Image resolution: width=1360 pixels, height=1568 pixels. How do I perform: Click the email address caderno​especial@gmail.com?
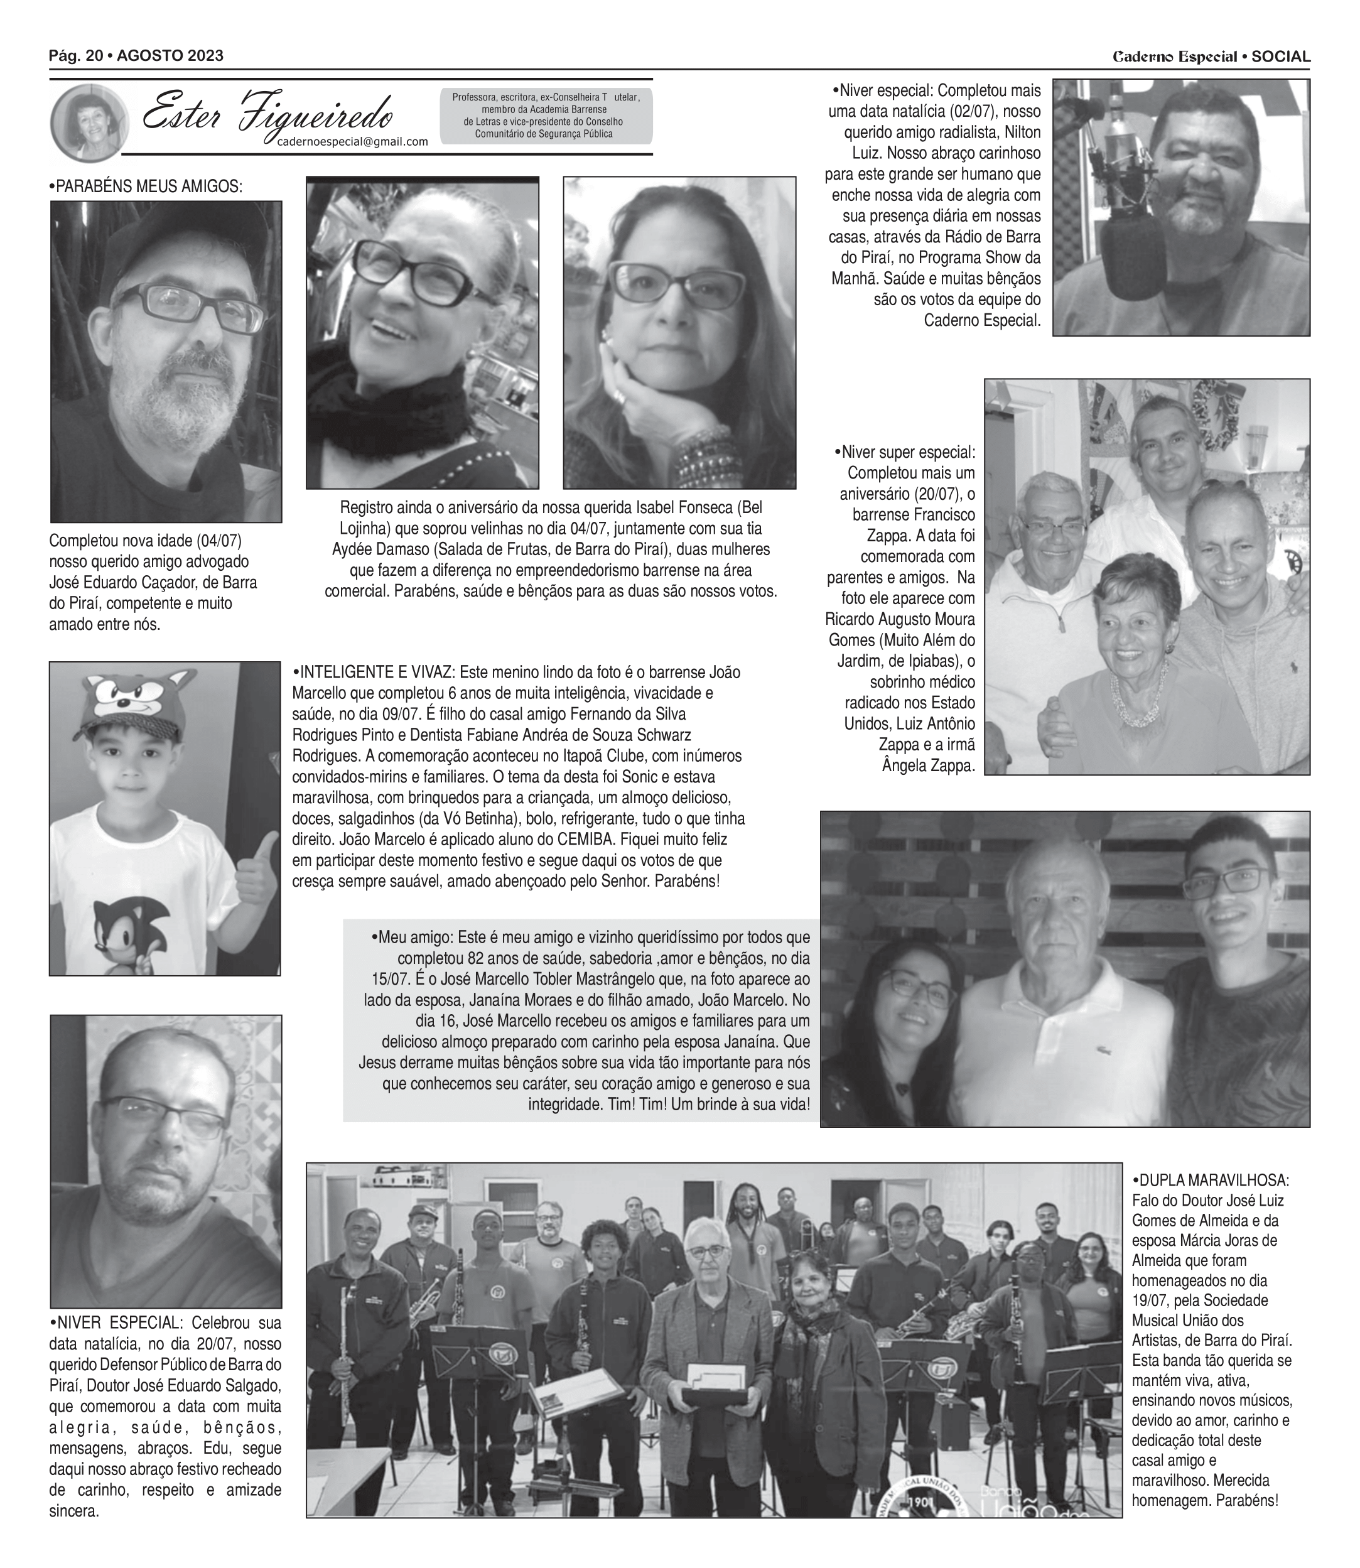(352, 141)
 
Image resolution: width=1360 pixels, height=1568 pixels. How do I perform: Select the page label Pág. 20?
(76, 55)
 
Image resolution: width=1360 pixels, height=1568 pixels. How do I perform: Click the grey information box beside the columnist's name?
(546, 116)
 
